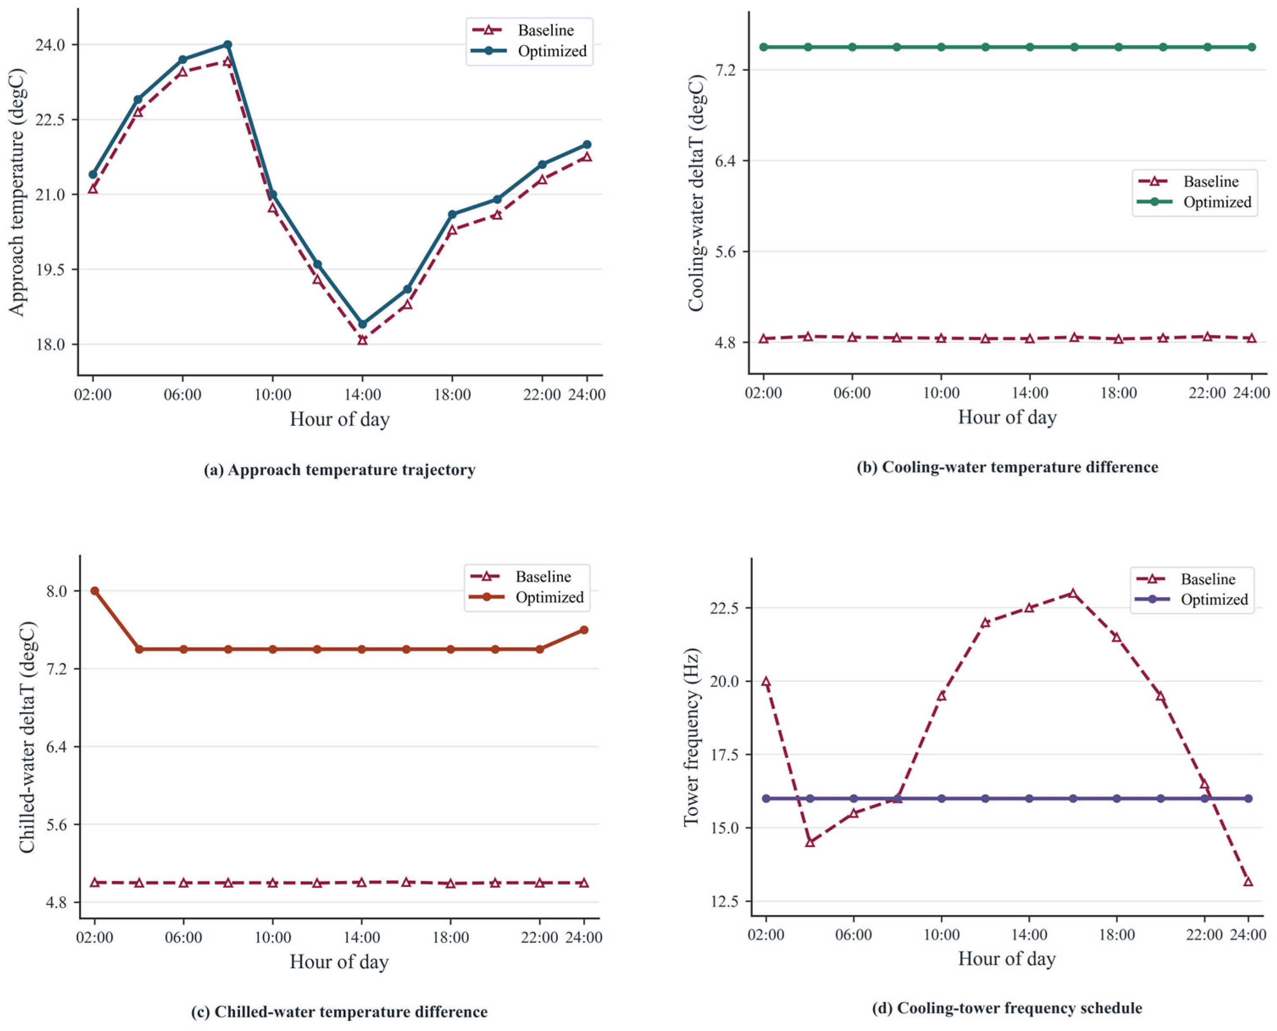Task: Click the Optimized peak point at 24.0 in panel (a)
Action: click(x=227, y=44)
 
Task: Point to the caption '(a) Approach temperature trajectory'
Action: click(x=340, y=470)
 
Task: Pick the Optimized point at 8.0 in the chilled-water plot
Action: click(x=94, y=591)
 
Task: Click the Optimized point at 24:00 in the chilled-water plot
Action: click(x=584, y=630)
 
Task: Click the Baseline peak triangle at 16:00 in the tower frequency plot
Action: click(x=1072, y=593)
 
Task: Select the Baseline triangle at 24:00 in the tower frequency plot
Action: click(x=1248, y=881)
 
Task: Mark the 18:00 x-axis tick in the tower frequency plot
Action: click(x=1117, y=935)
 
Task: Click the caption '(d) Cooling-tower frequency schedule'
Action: click(x=1007, y=1008)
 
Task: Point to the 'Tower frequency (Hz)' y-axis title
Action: click(x=692, y=737)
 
